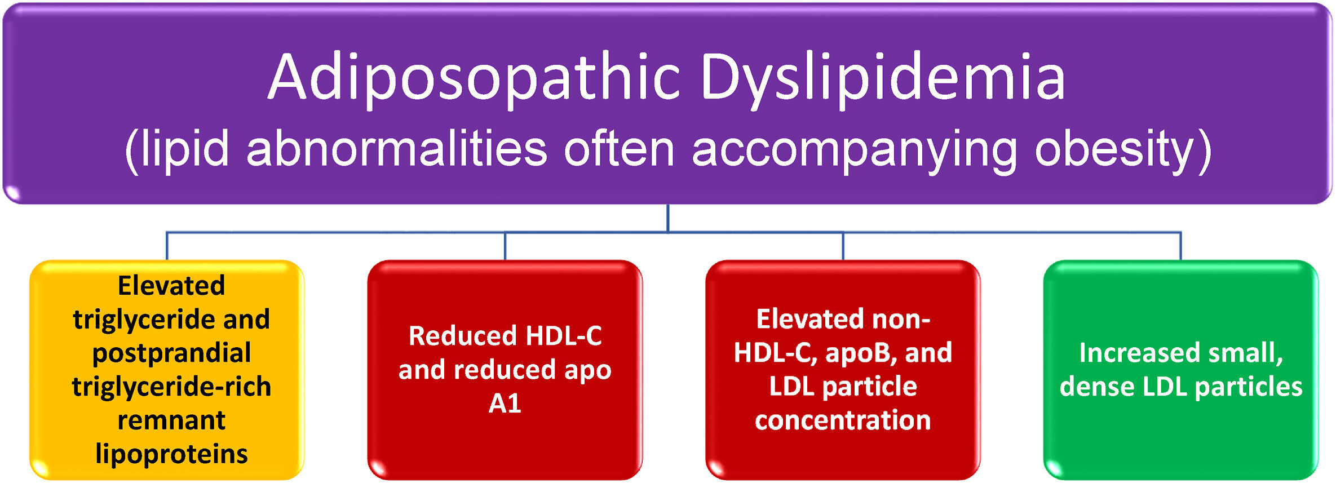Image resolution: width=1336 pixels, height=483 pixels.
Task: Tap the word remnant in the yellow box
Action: [171, 420]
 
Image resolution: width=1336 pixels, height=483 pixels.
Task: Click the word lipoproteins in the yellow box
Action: [171, 455]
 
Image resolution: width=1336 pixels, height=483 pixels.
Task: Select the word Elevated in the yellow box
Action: [171, 285]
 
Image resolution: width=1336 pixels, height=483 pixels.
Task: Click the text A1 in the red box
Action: [505, 404]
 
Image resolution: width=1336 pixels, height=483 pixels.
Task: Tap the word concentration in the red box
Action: [843, 420]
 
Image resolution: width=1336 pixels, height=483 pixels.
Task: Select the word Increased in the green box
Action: [1139, 353]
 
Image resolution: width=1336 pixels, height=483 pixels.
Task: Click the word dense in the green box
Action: [1097, 387]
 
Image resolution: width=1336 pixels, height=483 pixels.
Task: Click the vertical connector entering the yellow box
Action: [167, 246]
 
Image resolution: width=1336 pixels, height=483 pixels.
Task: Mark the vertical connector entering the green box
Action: [1180, 246]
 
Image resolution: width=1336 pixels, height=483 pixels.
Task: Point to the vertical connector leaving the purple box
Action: [668, 218]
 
